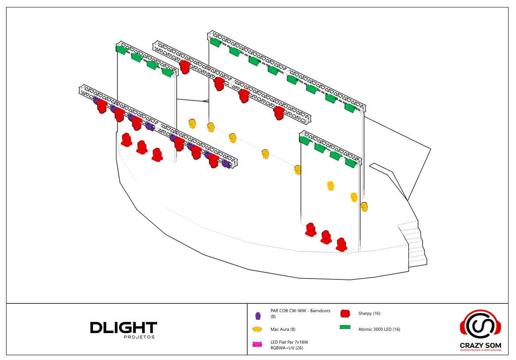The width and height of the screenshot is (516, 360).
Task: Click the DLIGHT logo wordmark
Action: (x=124, y=328)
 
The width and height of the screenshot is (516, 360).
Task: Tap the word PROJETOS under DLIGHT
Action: (x=139, y=337)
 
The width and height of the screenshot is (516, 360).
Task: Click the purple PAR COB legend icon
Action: (x=257, y=315)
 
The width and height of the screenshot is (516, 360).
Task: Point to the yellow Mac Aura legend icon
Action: (x=257, y=329)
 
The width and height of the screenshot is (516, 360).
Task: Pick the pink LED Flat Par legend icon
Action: (x=257, y=345)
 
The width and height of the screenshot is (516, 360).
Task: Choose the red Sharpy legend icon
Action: (x=345, y=314)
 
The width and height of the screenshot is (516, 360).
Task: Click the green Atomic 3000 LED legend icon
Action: (x=345, y=328)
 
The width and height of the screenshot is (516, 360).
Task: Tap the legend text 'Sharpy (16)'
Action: (x=369, y=314)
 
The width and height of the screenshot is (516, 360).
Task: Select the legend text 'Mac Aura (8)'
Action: (x=283, y=329)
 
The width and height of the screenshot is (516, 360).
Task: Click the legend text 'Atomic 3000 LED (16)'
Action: (x=379, y=329)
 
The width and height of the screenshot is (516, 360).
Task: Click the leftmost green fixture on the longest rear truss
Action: (x=216, y=43)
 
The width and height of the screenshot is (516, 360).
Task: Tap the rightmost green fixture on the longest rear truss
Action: (x=350, y=108)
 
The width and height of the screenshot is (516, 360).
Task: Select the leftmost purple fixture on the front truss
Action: (x=96, y=100)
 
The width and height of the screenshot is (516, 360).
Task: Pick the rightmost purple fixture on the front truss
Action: (x=227, y=164)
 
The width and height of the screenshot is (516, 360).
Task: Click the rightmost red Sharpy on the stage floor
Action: (x=341, y=245)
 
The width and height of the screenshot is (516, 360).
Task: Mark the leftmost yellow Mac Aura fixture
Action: (x=192, y=124)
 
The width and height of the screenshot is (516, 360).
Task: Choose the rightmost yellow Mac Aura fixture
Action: (x=364, y=207)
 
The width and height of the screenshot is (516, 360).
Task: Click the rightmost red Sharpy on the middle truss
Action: (x=279, y=113)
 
